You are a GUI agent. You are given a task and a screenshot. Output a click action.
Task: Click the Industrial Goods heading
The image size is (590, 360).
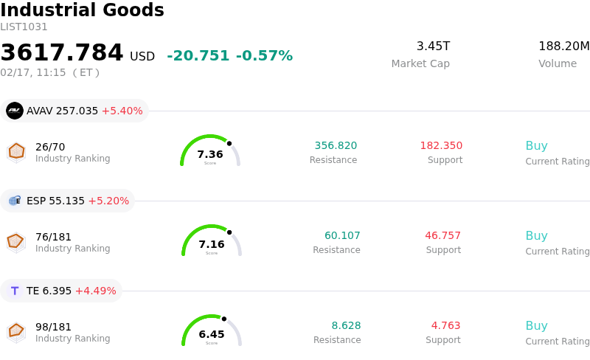point(82,11)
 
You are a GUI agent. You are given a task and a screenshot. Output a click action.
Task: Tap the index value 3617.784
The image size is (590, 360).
point(62,53)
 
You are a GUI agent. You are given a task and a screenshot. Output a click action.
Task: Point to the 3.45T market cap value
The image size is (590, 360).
point(433,46)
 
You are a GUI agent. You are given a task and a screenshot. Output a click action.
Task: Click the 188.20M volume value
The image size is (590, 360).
point(563,46)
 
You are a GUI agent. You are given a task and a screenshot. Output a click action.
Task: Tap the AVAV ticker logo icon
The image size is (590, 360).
point(15,111)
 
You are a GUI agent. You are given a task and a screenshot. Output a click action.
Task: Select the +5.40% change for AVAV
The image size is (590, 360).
point(122,111)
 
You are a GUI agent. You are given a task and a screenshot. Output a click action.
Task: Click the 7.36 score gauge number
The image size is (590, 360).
point(210,154)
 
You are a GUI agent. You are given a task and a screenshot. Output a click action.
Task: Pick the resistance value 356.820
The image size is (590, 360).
point(336,145)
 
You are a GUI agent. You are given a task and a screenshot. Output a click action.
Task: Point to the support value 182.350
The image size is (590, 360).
point(441,145)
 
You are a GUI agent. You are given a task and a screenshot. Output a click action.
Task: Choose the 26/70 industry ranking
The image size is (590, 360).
point(50,147)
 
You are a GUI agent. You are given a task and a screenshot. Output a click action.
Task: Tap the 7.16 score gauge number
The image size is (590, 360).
point(212,244)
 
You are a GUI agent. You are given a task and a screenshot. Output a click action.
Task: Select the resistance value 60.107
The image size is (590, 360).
point(342,235)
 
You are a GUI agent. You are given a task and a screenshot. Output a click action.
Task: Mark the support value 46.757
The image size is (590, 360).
point(442,235)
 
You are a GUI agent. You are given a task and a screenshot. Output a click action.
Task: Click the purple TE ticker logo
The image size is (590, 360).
point(15,291)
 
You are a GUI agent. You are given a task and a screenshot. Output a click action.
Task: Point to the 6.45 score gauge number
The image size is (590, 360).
point(212,334)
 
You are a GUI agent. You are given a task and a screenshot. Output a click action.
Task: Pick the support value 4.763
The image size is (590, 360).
point(445,325)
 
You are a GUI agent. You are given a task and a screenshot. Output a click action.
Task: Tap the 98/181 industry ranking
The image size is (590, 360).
point(53,327)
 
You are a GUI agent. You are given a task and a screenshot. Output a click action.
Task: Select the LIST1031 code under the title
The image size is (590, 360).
point(24,27)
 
